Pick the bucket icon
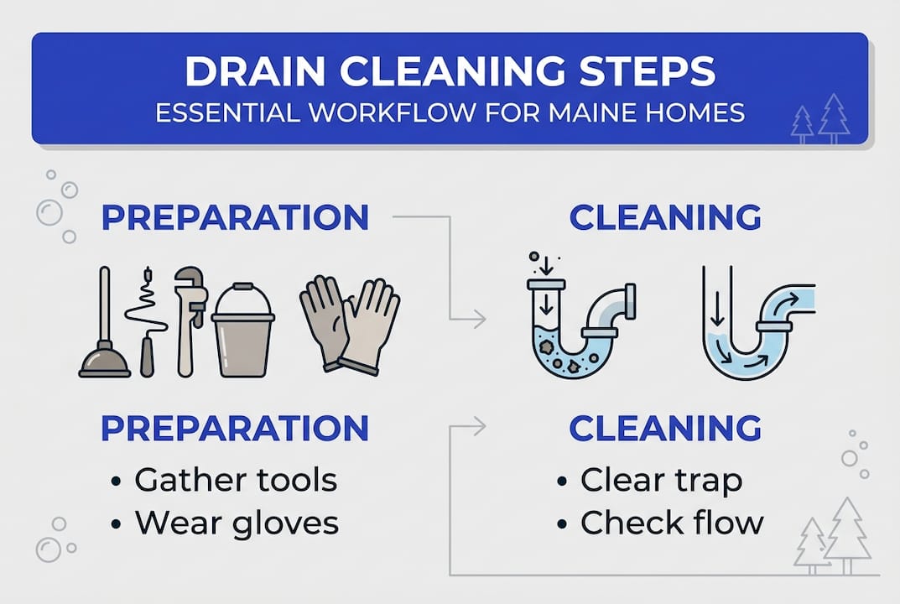tap(242, 331)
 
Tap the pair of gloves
tap(350, 325)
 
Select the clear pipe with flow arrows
tap(757, 321)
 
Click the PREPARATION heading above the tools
tap(235, 217)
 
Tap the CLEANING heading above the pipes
tap(665, 217)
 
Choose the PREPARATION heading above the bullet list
tap(235, 429)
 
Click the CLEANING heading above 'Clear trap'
tap(665, 429)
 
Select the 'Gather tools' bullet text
tap(236, 480)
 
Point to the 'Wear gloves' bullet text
tap(237, 523)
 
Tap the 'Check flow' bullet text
tap(672, 523)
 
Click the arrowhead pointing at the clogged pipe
tap(480, 319)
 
